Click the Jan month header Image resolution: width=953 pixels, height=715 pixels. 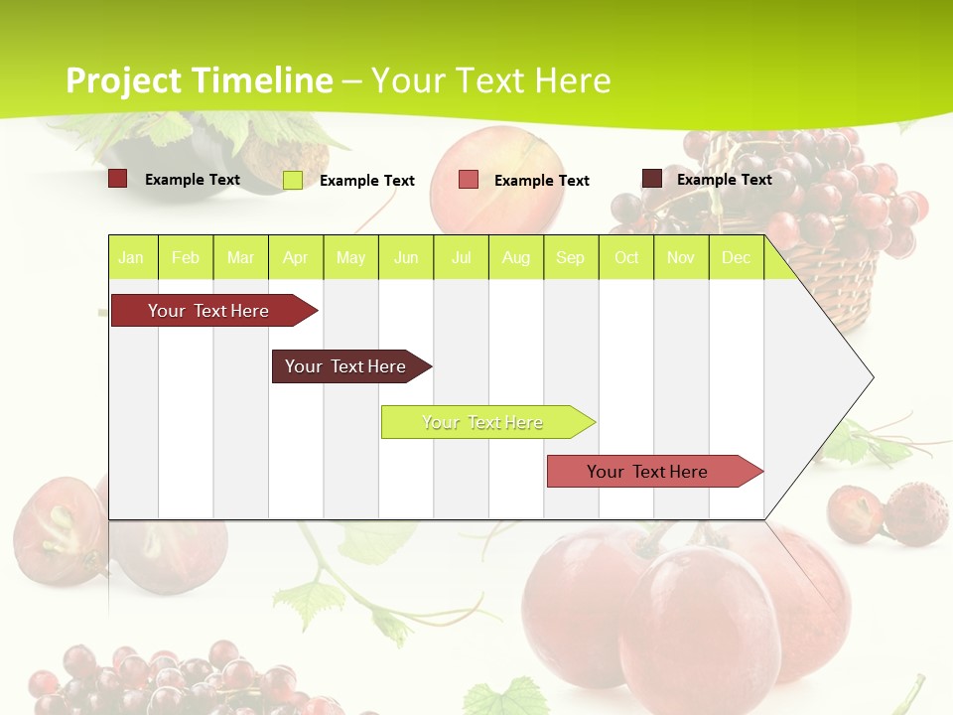point(131,257)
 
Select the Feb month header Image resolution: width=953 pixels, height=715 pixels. point(186,257)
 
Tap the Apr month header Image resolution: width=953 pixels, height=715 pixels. point(296,257)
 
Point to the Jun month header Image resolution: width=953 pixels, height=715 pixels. point(406,257)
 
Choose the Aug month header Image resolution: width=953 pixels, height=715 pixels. point(516,257)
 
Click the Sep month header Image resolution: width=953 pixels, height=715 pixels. point(571,257)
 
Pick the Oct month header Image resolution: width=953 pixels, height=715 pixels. point(626,257)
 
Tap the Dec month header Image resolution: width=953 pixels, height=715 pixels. point(737,257)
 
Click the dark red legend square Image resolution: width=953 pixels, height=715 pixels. point(118,179)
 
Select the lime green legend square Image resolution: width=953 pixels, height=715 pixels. point(293,180)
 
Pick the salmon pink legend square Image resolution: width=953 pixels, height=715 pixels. point(469,180)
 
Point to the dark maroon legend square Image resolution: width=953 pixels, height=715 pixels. point(652,179)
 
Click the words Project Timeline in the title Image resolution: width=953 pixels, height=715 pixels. point(199,80)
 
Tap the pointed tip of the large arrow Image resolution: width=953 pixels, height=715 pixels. point(871,377)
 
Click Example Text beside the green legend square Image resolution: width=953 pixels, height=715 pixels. point(367,181)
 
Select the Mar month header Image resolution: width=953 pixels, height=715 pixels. point(240,257)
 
